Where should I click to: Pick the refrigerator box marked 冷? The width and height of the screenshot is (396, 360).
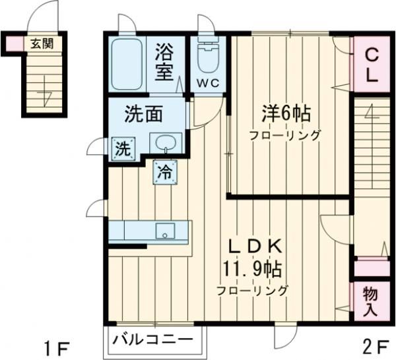[x=164, y=173]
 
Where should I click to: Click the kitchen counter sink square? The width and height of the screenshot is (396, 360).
[x=164, y=231]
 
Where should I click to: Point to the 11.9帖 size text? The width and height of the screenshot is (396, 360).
[x=255, y=268]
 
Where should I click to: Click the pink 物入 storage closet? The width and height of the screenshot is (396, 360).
[x=371, y=301]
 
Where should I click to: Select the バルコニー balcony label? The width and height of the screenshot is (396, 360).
[x=154, y=341]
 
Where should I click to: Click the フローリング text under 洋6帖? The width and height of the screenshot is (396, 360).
[x=284, y=136]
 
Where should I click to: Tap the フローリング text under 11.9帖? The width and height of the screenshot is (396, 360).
[x=255, y=289]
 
